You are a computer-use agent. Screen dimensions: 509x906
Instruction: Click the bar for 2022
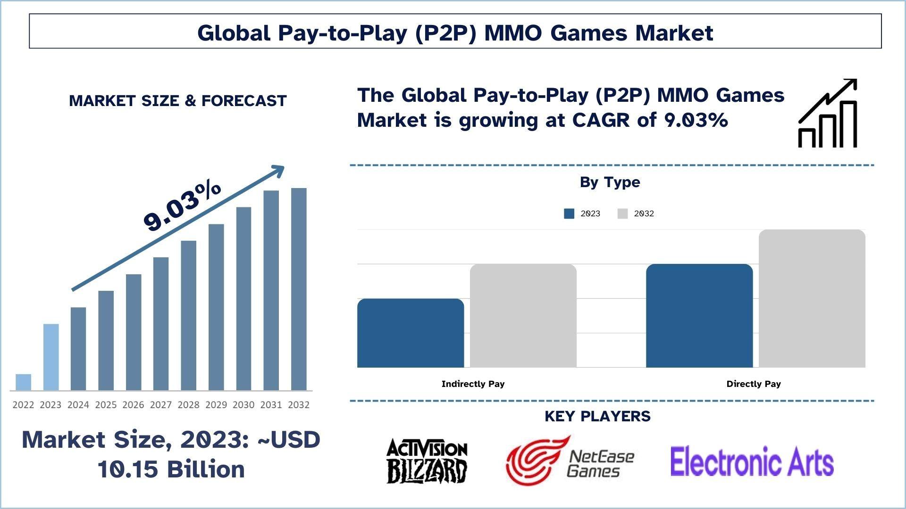tap(23, 382)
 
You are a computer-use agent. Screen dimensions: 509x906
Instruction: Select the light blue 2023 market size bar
tap(51, 357)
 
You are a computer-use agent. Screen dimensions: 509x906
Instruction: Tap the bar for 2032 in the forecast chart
tap(299, 289)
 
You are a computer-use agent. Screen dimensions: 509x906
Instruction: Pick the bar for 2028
tap(188, 315)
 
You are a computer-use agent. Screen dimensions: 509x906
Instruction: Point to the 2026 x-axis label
tap(133, 405)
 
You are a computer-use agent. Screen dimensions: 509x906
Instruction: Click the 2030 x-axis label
tap(243, 405)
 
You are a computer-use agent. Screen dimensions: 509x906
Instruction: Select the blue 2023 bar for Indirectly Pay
tap(411, 333)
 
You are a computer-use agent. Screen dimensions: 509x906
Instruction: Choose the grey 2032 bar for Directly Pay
tap(812, 298)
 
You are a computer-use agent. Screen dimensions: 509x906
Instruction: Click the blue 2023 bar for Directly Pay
tap(699, 315)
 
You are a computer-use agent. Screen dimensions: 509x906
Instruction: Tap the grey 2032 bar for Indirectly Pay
tap(523, 315)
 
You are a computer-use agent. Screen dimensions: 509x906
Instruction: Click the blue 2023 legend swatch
tap(569, 213)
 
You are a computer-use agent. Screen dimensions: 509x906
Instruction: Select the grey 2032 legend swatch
tap(622, 213)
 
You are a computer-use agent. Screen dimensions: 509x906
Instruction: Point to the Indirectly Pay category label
tap(473, 384)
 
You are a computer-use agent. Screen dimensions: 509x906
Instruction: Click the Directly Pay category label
tap(754, 384)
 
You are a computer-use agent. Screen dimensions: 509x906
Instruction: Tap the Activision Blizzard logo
tap(427, 461)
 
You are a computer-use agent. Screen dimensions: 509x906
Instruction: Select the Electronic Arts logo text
tap(752, 461)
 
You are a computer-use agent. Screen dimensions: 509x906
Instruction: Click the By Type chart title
tap(610, 182)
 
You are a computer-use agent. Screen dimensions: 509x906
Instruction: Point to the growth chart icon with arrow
tap(828, 113)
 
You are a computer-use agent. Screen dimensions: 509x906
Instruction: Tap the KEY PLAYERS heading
tap(597, 416)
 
